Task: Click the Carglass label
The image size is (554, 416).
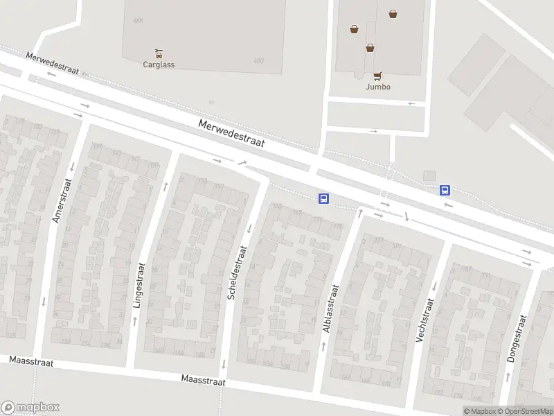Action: click(x=159, y=65)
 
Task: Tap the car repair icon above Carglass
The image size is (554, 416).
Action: click(x=159, y=53)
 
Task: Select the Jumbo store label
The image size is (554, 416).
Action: click(x=378, y=87)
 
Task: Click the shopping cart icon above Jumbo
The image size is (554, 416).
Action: click(x=377, y=76)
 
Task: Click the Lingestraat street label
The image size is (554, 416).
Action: click(x=138, y=284)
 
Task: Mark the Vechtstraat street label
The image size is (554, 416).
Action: click(x=424, y=320)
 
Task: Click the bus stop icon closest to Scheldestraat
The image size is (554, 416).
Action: click(x=323, y=199)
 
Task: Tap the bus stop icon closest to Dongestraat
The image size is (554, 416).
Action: click(x=445, y=190)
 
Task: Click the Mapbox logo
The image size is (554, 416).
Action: click(x=30, y=408)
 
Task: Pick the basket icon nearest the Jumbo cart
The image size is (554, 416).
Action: click(x=370, y=48)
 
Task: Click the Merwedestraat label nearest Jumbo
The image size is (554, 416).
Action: click(x=231, y=132)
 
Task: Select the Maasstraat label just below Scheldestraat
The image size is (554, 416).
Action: click(x=204, y=380)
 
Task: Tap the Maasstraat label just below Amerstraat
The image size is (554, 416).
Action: click(x=30, y=362)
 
